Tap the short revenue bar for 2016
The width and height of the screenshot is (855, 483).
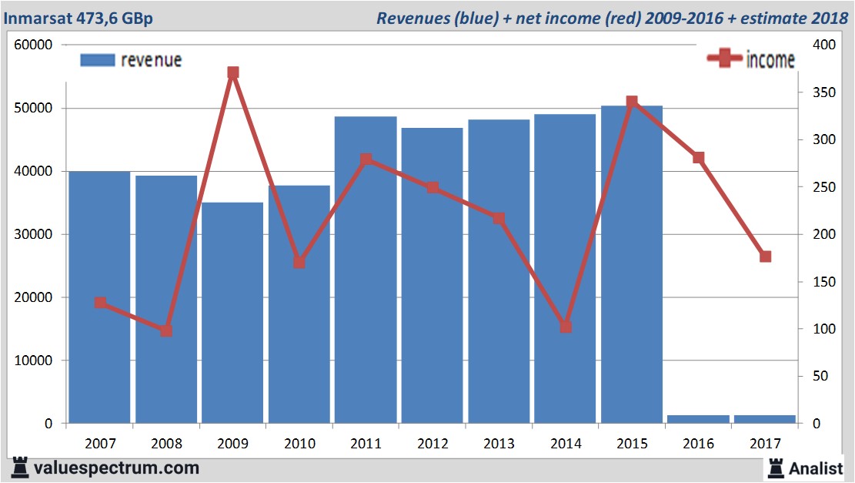point(698,419)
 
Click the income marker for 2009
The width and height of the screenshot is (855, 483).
point(233,73)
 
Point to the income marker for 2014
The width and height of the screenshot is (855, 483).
point(566,327)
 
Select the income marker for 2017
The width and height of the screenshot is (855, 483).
point(765,257)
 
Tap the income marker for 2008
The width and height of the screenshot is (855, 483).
point(166,330)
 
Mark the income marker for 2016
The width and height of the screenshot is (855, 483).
point(698,158)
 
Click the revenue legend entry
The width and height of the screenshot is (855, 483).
point(132,60)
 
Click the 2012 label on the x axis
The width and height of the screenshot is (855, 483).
point(432,444)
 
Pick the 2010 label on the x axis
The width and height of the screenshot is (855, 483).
point(299,444)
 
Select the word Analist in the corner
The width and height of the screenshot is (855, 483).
point(817,468)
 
